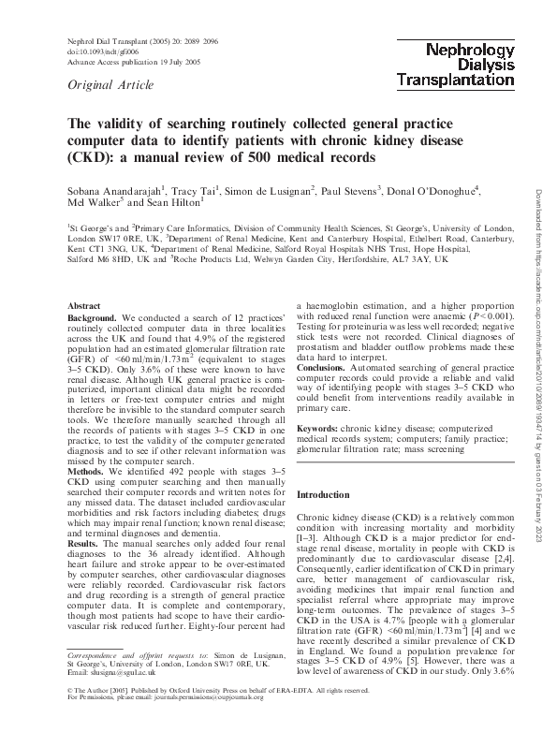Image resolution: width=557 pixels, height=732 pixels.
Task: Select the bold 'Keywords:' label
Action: pos(318,428)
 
